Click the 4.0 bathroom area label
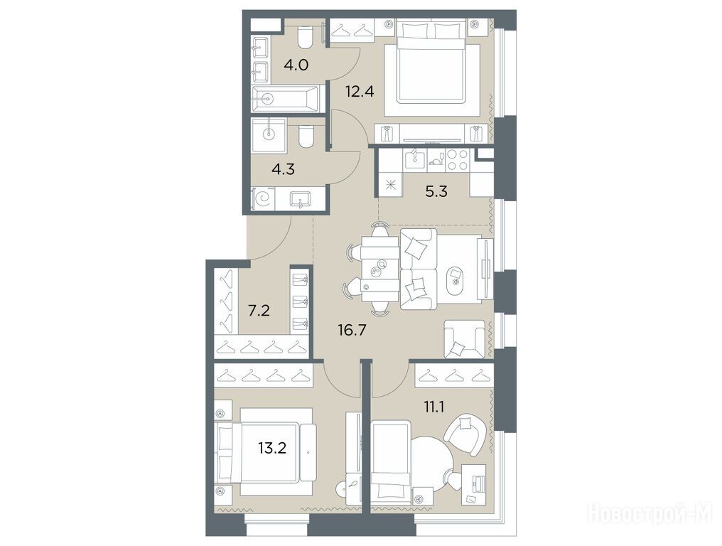coord(296,65)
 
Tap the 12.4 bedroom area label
coord(360,91)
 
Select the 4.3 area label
coord(283,169)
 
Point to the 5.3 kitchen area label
coord(436,191)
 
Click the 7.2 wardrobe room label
coord(259,311)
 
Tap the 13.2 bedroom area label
coord(272,447)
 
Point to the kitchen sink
coord(416,159)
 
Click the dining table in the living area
coord(380,269)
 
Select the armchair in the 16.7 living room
coord(464,339)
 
